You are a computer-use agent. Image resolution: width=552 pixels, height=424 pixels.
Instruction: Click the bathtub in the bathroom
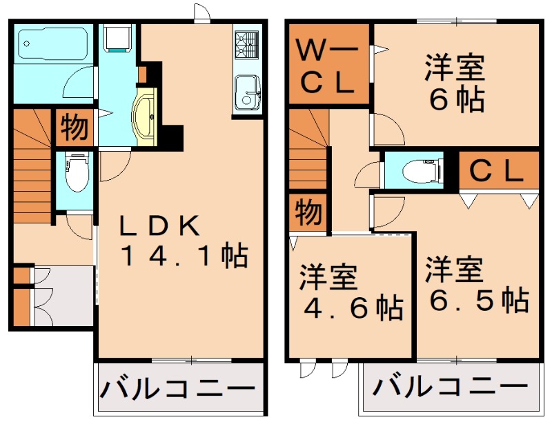click(x=52, y=44)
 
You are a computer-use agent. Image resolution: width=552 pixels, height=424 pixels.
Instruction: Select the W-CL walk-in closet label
click(x=328, y=67)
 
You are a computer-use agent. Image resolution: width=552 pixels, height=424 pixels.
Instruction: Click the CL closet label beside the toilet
click(x=497, y=171)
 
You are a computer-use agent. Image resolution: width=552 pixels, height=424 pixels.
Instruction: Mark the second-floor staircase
click(x=306, y=152)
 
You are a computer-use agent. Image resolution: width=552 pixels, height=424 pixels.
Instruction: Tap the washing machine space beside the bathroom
click(x=116, y=38)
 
